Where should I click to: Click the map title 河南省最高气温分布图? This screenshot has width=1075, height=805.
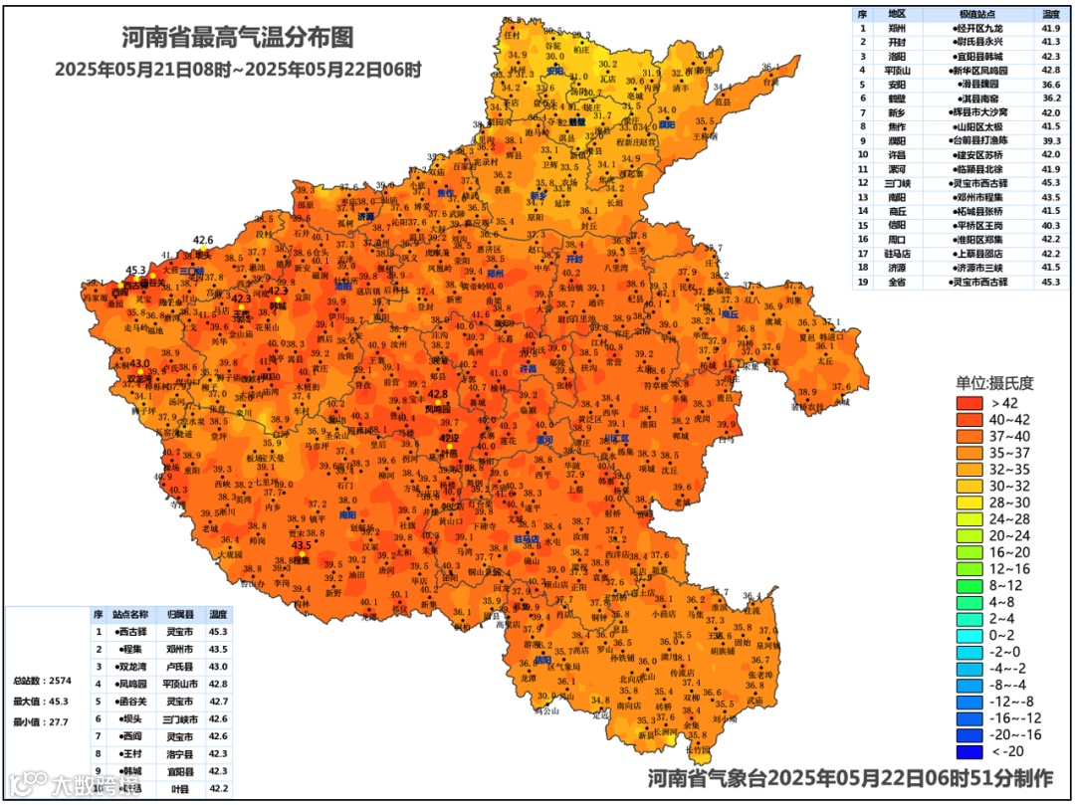coord(237,38)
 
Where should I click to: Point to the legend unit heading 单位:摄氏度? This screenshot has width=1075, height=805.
coord(995,382)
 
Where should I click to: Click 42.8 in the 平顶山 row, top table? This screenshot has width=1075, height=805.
coord(1050,71)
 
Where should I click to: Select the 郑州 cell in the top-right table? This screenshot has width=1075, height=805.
coord(897,29)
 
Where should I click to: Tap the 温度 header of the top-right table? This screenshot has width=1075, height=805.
coord(1050,14)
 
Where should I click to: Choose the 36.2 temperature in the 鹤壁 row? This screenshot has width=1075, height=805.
coord(1050,99)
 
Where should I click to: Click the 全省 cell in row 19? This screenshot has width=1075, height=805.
coord(897,283)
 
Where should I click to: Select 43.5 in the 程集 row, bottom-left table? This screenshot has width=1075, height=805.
coord(218,649)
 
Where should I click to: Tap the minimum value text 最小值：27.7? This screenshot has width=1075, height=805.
coord(40,721)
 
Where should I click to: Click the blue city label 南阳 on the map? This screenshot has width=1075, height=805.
coord(346,514)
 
